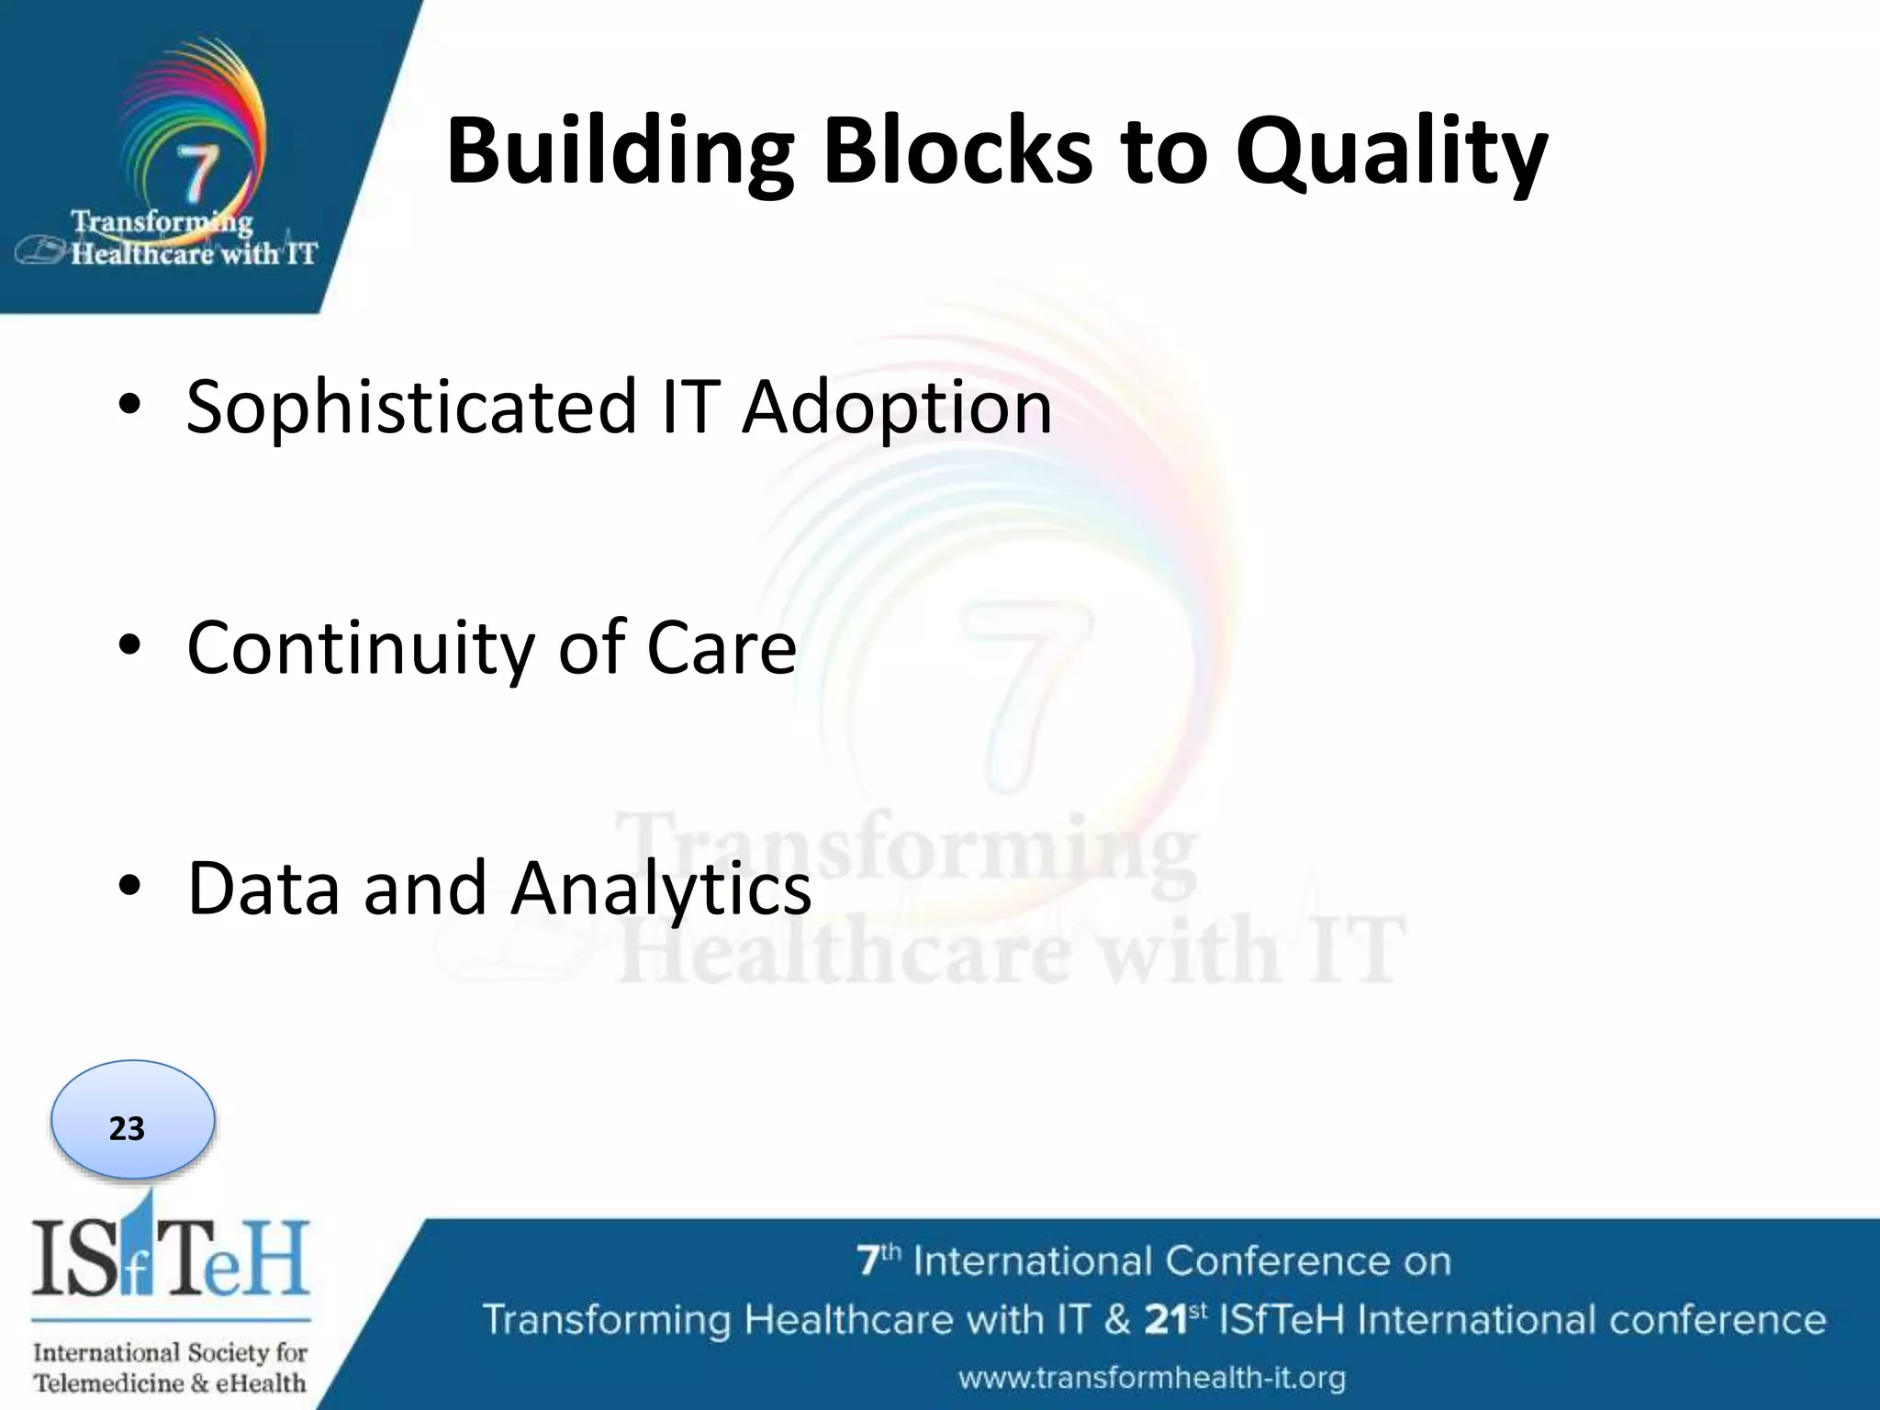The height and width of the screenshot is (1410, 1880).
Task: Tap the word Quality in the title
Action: pos(1391,151)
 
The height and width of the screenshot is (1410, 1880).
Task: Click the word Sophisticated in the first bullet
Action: pos(411,407)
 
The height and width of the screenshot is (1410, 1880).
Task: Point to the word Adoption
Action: pos(897,407)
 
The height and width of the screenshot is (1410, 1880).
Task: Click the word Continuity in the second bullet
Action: pos(360,648)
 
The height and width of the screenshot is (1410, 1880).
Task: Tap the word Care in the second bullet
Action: pos(722,648)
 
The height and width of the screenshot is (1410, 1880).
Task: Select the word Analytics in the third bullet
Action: pos(661,889)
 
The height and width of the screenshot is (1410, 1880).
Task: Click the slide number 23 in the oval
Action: pos(128,1128)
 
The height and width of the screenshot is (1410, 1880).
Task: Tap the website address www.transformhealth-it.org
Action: pos(1152,1377)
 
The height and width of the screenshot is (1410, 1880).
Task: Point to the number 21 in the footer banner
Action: pos(1166,1320)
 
